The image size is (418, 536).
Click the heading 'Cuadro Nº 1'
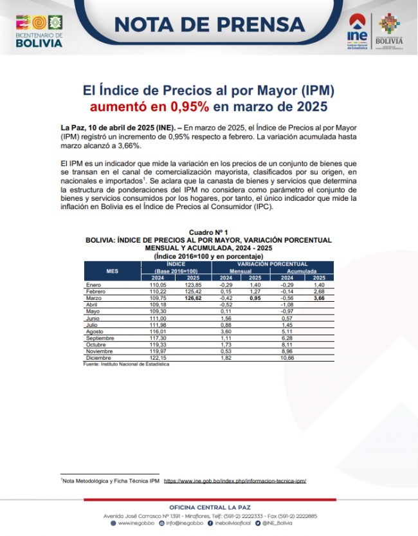tap(208, 232)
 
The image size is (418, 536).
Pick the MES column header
tap(112, 271)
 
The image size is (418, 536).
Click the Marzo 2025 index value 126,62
tap(192, 299)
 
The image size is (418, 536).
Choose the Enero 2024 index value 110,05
tap(158, 284)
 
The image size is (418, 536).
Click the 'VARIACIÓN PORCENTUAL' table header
tap(271, 264)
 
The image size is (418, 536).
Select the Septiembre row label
tap(100, 338)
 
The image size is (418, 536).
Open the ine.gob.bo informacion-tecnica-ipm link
tap(235, 481)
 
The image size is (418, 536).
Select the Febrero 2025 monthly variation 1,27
tap(255, 291)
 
